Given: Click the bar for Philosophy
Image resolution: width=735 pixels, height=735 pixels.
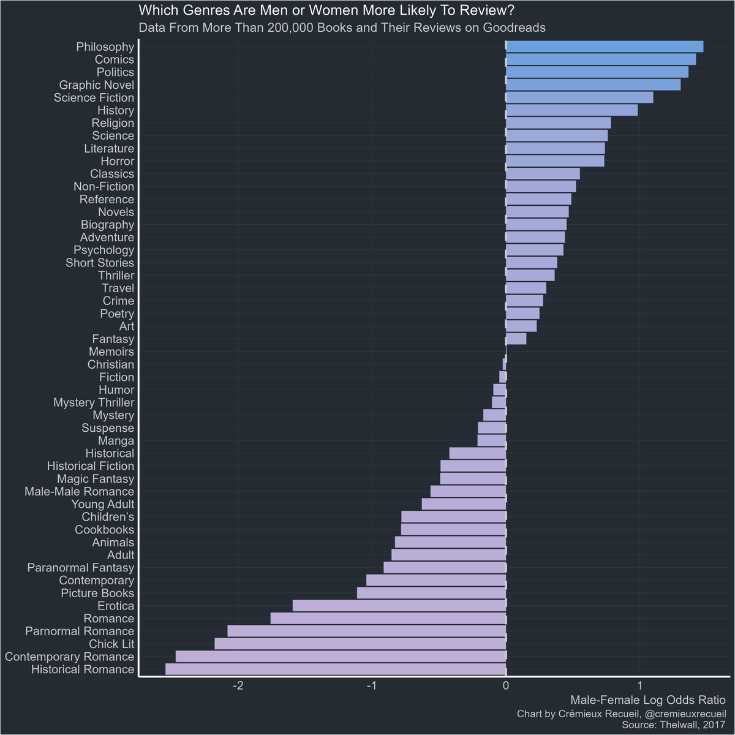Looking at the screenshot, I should click(x=604, y=47).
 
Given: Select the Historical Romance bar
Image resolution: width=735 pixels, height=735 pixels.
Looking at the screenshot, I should click(x=336, y=669).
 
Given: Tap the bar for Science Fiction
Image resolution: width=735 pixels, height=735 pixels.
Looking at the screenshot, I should click(x=579, y=97).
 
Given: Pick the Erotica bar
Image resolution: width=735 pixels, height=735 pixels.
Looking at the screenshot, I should click(x=399, y=606).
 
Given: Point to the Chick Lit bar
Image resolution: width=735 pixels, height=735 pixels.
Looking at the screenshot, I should click(x=360, y=644).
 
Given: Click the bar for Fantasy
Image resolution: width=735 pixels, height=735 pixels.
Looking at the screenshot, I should click(x=516, y=339).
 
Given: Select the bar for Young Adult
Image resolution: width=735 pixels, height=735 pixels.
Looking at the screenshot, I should click(x=464, y=504).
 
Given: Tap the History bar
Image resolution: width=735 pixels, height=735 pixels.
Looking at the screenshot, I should click(x=571, y=110).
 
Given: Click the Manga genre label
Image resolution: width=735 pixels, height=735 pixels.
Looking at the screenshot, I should click(x=116, y=440).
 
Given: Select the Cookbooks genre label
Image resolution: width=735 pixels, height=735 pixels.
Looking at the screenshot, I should click(x=104, y=529).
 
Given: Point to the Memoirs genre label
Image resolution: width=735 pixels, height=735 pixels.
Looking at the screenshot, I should click(x=111, y=352).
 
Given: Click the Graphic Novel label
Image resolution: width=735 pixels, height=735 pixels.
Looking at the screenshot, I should click(x=96, y=85).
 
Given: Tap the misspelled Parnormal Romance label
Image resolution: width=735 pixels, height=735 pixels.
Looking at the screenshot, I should click(x=79, y=631).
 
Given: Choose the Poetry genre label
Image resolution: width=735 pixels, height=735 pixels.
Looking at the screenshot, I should click(x=117, y=314).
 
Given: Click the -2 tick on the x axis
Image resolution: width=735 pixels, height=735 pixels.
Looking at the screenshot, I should click(x=239, y=685).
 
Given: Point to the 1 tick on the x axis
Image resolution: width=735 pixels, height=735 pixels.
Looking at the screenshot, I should click(x=639, y=685).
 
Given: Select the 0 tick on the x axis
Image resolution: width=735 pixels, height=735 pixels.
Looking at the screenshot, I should click(x=506, y=685).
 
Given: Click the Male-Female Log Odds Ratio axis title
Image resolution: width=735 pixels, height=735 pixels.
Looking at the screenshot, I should click(x=647, y=700).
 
